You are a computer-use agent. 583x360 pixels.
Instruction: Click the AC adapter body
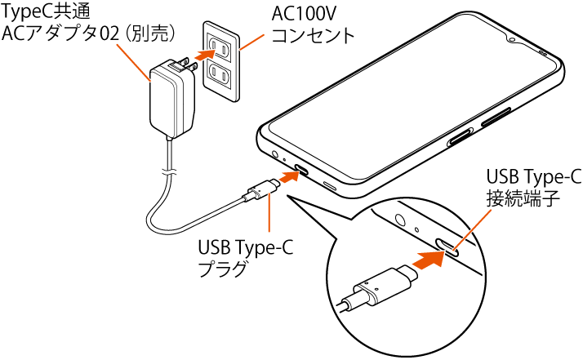pyautogui.click(x=172, y=100)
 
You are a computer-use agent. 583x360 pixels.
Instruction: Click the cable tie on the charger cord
pyautogui.click(x=168, y=172)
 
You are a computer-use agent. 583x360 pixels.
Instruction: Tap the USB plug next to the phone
pyautogui.click(x=260, y=193)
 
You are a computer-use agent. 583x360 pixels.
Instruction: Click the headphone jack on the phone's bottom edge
pyautogui.click(x=274, y=153)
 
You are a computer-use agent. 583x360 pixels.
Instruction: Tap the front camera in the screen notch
pyautogui.click(x=512, y=38)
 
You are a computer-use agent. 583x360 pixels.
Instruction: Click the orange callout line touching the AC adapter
pyautogui.click(x=133, y=62)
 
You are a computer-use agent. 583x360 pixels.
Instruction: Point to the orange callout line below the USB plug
pyautogui.click(x=269, y=216)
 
